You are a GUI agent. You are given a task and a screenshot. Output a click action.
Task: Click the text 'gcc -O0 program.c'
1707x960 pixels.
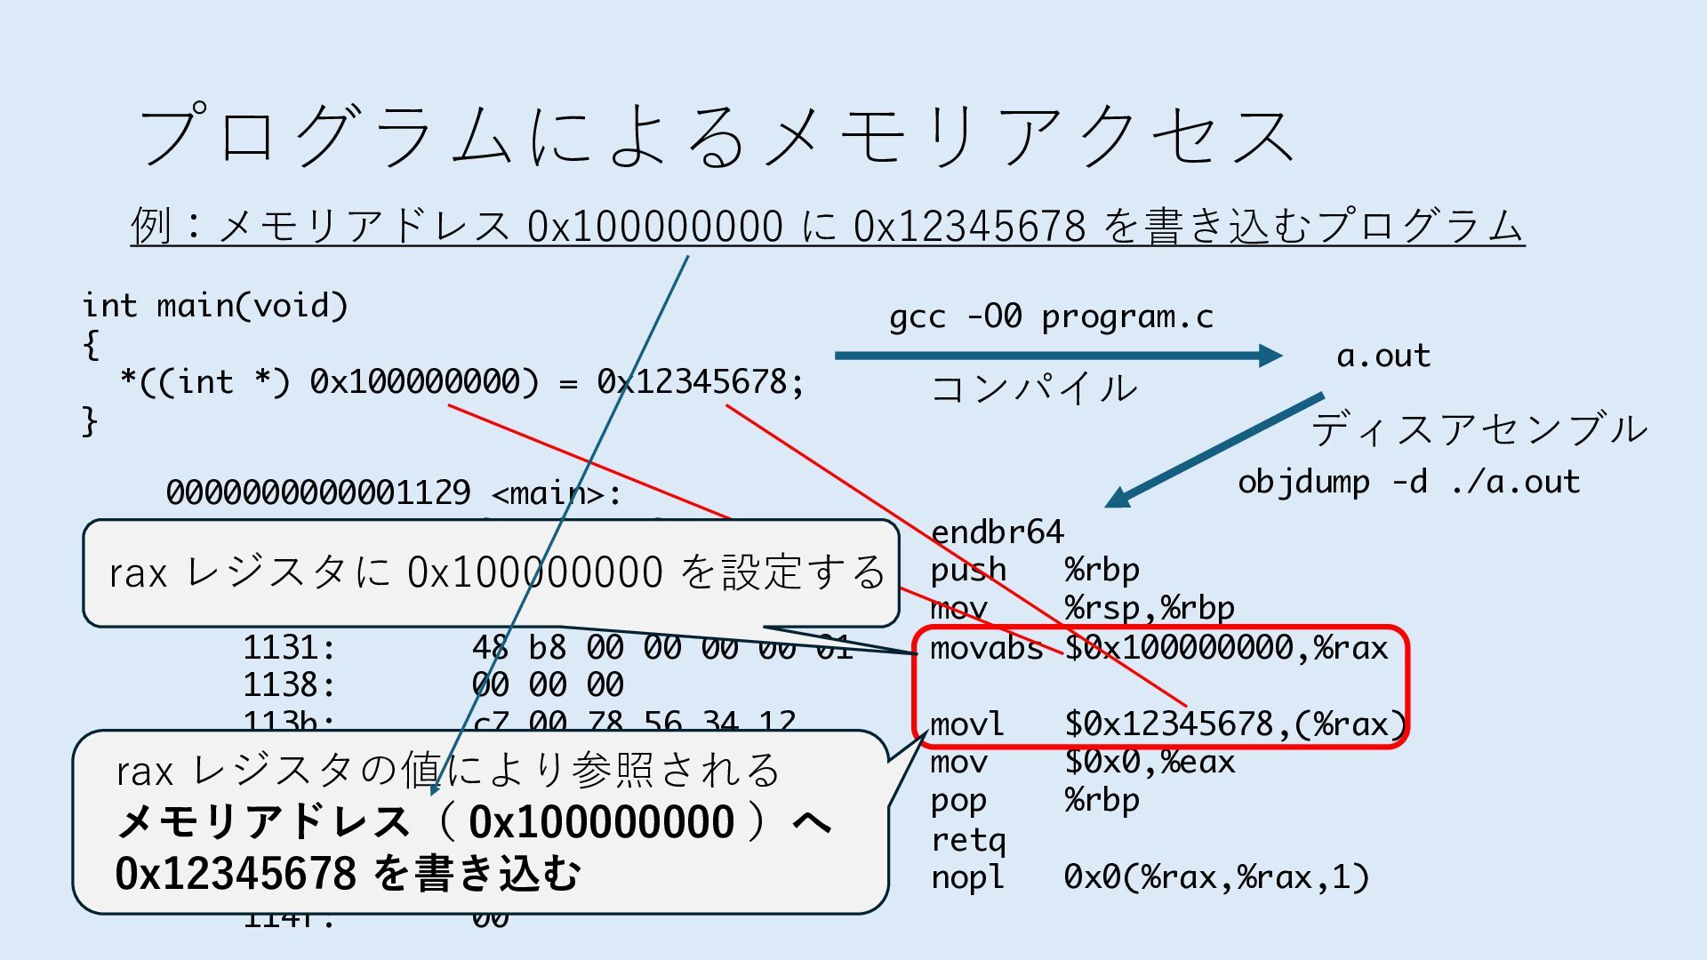pyautogui.click(x=1051, y=317)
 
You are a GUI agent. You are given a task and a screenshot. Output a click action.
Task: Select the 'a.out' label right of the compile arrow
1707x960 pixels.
pyautogui.click(x=1383, y=356)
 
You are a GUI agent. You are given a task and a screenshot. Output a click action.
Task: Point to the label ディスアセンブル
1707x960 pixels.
pyautogui.click(x=1479, y=429)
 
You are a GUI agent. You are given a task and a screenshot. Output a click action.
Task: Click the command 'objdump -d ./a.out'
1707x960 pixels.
pyautogui.click(x=1408, y=482)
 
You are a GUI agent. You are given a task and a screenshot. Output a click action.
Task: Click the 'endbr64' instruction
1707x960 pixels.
pyautogui.click(x=997, y=532)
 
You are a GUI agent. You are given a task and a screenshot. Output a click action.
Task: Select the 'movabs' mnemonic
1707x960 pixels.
pyautogui.click(x=986, y=648)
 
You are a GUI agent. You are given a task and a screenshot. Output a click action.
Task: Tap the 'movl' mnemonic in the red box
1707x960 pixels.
pyautogui.click(x=966, y=724)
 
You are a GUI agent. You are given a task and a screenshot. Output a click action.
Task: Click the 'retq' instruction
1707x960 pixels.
pyautogui.click(x=968, y=839)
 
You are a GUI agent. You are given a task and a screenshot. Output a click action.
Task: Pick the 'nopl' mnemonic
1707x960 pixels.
pyautogui.click(x=966, y=877)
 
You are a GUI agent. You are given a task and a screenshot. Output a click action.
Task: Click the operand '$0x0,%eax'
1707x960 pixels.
pyautogui.click(x=1150, y=762)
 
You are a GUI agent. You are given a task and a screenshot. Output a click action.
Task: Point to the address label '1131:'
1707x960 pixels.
pyautogui.click(x=289, y=647)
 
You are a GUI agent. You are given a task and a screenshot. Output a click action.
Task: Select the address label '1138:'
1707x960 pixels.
pyautogui.click(x=289, y=685)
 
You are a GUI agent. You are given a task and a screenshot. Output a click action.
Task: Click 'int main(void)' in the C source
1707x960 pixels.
pyautogui.click(x=215, y=306)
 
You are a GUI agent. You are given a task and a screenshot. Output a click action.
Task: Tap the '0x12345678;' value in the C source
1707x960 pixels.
pyautogui.click(x=700, y=382)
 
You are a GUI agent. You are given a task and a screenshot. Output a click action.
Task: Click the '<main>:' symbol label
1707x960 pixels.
pyautogui.click(x=557, y=492)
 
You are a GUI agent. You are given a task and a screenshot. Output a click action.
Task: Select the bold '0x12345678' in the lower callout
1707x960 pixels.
pyautogui.click(x=236, y=873)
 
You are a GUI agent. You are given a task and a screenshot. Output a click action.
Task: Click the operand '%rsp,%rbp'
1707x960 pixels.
pyautogui.click(x=1149, y=608)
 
